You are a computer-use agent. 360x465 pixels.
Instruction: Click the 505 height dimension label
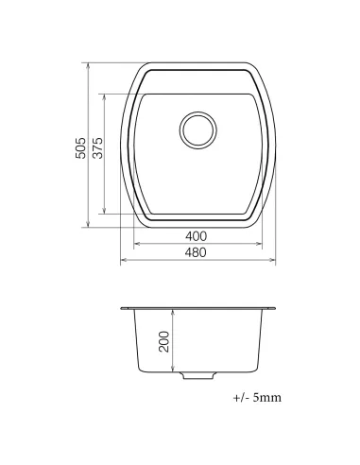(x=82, y=147)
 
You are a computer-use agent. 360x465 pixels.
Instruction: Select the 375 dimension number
(x=98, y=147)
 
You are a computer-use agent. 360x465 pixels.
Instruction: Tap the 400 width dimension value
(x=197, y=235)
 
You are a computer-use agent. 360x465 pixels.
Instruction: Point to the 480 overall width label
(x=197, y=252)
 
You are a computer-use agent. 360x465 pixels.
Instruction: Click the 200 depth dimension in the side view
(x=163, y=341)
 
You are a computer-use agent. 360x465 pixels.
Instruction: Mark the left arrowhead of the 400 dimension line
(x=138, y=243)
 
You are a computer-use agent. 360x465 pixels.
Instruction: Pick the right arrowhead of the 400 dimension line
(x=256, y=243)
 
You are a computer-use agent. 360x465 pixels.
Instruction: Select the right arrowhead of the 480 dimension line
(x=273, y=260)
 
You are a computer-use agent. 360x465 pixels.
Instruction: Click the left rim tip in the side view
(x=123, y=308)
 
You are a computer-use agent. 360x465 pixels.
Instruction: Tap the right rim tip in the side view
(x=275, y=308)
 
